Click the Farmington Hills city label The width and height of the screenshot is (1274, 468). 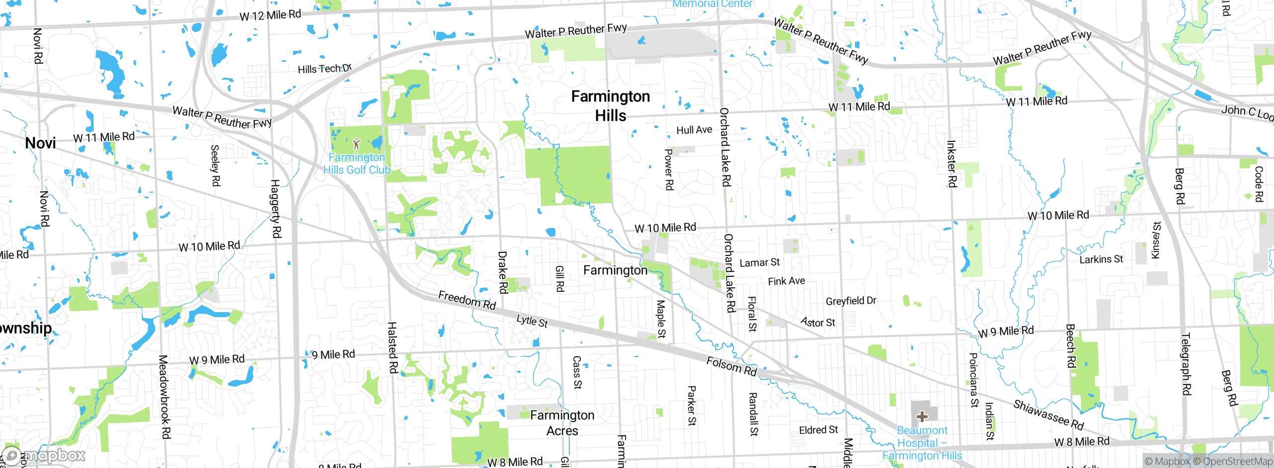click(611, 106)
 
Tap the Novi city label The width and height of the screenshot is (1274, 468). click(40, 143)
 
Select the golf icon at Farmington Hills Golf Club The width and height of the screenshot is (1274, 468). click(356, 144)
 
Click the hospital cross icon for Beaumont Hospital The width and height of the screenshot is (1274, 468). click(922, 416)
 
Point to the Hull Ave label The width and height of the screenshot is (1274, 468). click(694, 130)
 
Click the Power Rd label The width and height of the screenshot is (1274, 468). click(669, 169)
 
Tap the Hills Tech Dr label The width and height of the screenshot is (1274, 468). click(324, 69)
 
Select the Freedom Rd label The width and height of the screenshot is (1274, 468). click(467, 300)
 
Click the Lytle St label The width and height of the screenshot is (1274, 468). click(532, 321)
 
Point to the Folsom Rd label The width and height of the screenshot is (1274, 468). click(731, 366)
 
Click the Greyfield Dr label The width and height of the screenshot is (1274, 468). click(850, 301)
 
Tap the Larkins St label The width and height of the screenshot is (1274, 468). click(1101, 259)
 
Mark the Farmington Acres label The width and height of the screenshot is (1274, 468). click(562, 423)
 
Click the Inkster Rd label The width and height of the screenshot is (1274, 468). click(951, 164)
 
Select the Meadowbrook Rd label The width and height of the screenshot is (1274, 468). click(164, 397)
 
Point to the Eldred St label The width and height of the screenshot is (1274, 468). click(818, 430)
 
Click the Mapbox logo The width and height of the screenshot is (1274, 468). click(44, 455)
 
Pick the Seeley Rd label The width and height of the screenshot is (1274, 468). click(215, 165)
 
